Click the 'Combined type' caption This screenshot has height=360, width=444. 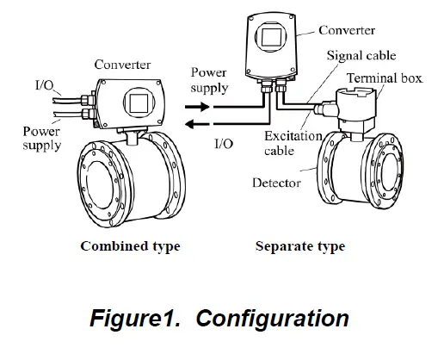point(130,246)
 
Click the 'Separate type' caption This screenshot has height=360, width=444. point(300,246)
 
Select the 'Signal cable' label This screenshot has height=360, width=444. point(361,56)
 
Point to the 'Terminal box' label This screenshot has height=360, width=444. point(383,78)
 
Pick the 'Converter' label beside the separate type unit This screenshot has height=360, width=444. point(346,31)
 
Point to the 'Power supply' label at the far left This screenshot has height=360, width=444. point(41,138)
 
